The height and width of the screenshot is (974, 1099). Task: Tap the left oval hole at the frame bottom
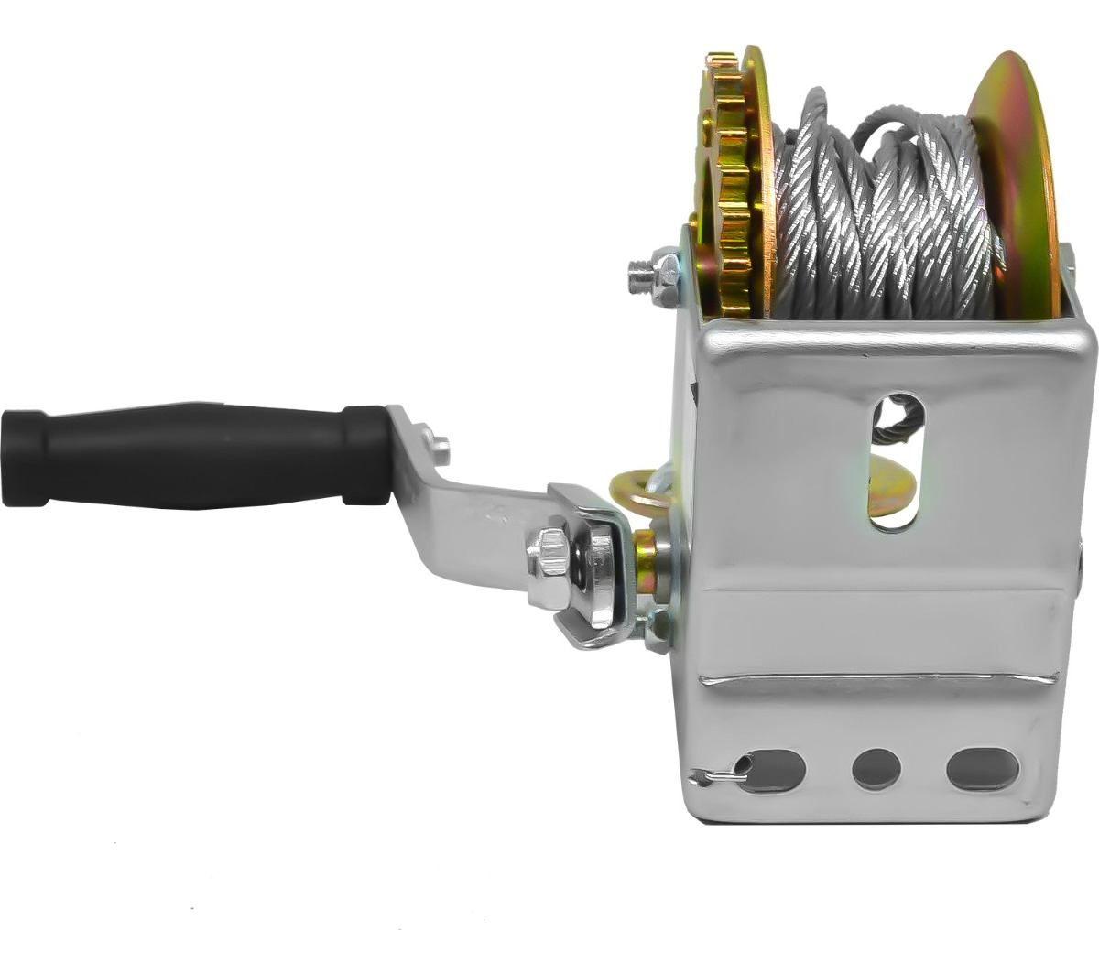click(x=774, y=770)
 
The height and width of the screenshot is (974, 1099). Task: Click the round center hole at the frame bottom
click(x=876, y=769)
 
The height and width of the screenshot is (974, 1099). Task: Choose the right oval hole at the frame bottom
click(x=983, y=769)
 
